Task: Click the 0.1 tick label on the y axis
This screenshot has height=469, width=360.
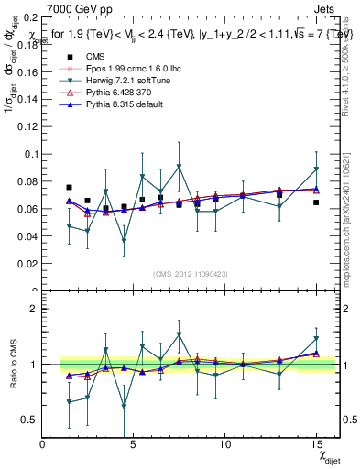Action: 30,154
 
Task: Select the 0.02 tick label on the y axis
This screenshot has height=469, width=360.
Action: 27,264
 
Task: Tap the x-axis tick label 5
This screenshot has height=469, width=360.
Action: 134,444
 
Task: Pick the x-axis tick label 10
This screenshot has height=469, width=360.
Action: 224,444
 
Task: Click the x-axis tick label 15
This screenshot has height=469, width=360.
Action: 315,444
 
